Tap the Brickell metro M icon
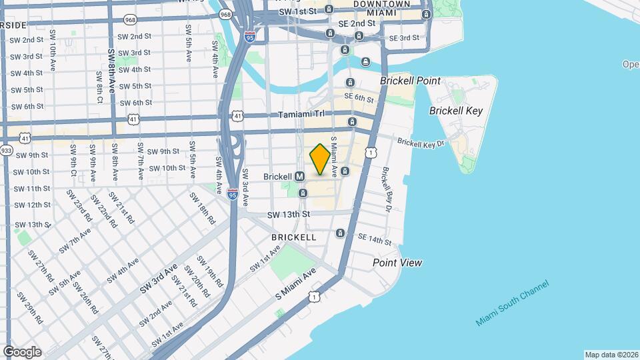click(x=300, y=177)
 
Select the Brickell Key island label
click(x=455, y=111)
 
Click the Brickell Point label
click(x=410, y=81)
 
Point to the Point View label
click(x=397, y=263)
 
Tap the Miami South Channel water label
click(x=513, y=303)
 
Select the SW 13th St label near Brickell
click(x=289, y=215)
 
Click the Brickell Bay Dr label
click(x=387, y=189)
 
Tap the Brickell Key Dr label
click(x=420, y=143)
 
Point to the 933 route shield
click(x=7, y=151)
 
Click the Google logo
click(x=22, y=351)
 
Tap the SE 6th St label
click(x=359, y=97)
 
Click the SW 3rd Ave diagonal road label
click(x=159, y=279)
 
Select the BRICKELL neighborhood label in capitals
click(x=294, y=237)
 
